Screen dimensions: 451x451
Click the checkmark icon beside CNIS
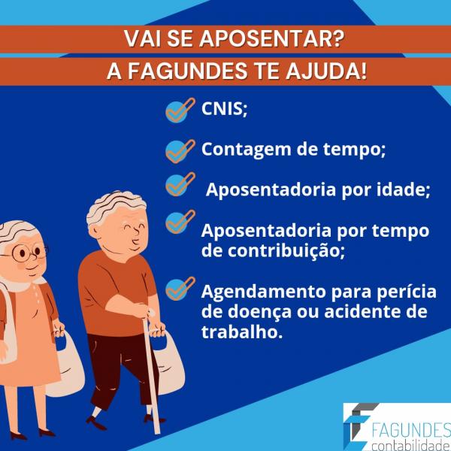177,110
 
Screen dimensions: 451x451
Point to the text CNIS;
224,109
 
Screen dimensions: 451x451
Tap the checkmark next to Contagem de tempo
177,150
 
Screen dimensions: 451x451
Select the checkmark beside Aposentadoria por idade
177,184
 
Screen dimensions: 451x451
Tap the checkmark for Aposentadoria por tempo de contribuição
177,222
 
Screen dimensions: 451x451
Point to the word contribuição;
273,250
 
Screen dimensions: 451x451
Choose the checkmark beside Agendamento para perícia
177,289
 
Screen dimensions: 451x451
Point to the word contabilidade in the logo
410,441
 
